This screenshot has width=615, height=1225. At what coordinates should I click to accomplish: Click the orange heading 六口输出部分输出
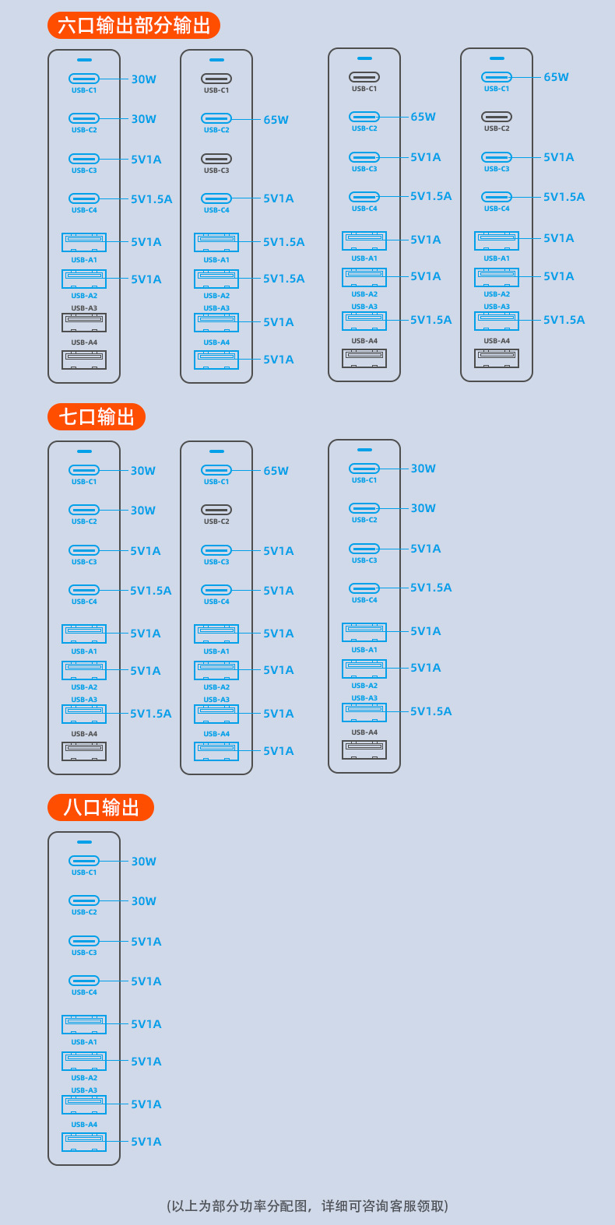134,26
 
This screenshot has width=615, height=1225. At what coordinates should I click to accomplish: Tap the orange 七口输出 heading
97,417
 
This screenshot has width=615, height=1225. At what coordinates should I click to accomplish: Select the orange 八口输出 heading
100,807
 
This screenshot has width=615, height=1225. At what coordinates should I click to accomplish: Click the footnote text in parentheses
307,1206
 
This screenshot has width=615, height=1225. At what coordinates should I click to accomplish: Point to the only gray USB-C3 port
216,159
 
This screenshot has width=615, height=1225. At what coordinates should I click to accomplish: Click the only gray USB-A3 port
84,322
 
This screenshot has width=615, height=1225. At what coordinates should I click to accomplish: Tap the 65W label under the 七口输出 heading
276,471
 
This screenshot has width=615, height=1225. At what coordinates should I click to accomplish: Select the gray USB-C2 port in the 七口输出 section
216,510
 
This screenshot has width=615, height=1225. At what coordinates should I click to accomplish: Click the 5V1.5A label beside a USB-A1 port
283,242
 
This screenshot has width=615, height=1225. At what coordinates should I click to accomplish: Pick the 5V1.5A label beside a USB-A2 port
283,279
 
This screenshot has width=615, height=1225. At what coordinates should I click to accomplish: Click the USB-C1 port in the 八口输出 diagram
84,861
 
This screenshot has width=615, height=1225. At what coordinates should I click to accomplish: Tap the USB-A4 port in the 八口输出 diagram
84,1142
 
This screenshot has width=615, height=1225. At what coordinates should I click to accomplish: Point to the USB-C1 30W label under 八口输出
143,862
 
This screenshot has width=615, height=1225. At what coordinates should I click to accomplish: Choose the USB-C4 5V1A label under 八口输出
146,981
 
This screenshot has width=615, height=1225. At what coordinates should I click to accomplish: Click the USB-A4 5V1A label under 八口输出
146,1142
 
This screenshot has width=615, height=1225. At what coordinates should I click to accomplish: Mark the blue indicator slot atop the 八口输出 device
84,842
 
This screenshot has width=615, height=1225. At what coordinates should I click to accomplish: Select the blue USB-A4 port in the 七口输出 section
216,751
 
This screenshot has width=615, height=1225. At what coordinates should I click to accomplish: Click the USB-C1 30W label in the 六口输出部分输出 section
143,79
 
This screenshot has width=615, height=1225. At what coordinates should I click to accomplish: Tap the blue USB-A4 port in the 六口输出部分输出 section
216,360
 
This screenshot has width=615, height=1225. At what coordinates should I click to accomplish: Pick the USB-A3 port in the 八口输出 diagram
84,1104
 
